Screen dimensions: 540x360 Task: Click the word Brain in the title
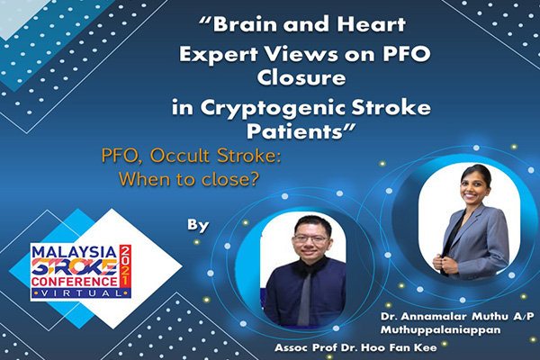[x=245, y=24]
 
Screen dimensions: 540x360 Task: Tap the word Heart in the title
[x=371, y=24]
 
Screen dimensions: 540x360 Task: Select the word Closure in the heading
[x=301, y=77]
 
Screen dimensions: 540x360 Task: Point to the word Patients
[x=295, y=131]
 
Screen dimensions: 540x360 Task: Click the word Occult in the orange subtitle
[x=179, y=156]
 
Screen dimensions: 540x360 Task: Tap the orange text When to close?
[x=189, y=179]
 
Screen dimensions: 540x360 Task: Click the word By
[x=198, y=226]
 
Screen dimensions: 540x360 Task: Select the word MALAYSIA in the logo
[x=74, y=252]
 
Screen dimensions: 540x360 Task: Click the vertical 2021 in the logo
[x=125, y=265]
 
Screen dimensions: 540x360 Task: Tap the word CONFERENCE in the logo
[x=75, y=282]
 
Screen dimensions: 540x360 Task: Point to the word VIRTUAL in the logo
[x=82, y=293]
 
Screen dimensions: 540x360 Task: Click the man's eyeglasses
[x=310, y=238]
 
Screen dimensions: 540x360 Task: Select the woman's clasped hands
[x=444, y=265]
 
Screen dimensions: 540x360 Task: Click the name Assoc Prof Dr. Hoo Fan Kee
[x=355, y=347]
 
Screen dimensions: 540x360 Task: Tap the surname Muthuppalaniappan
[x=440, y=330]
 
